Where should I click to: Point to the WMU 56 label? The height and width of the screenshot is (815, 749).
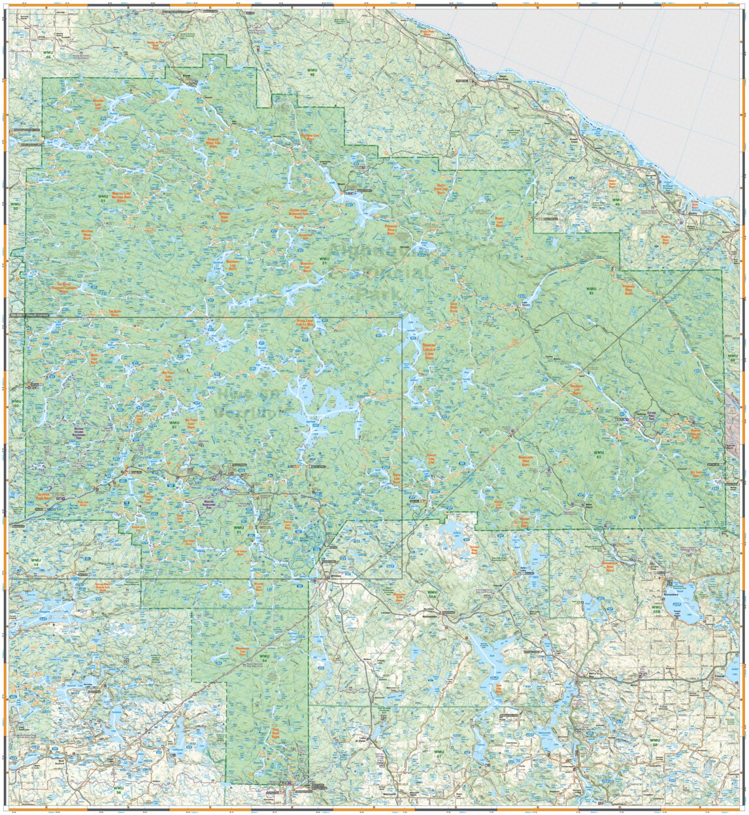(118, 790)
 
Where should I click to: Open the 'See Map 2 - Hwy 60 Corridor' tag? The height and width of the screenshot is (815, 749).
(31, 316)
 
